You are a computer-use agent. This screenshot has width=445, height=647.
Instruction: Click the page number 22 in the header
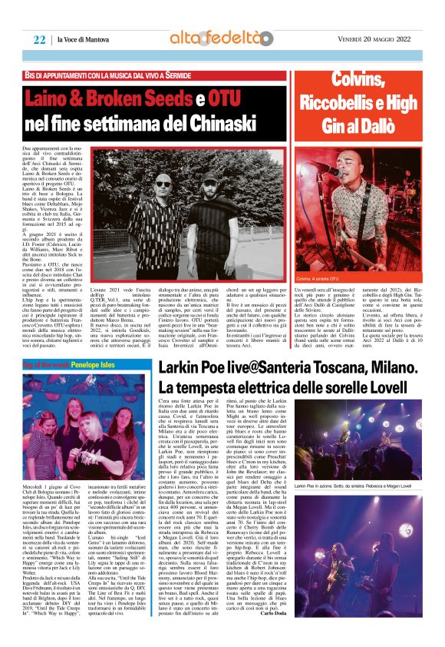[x=39, y=39]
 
